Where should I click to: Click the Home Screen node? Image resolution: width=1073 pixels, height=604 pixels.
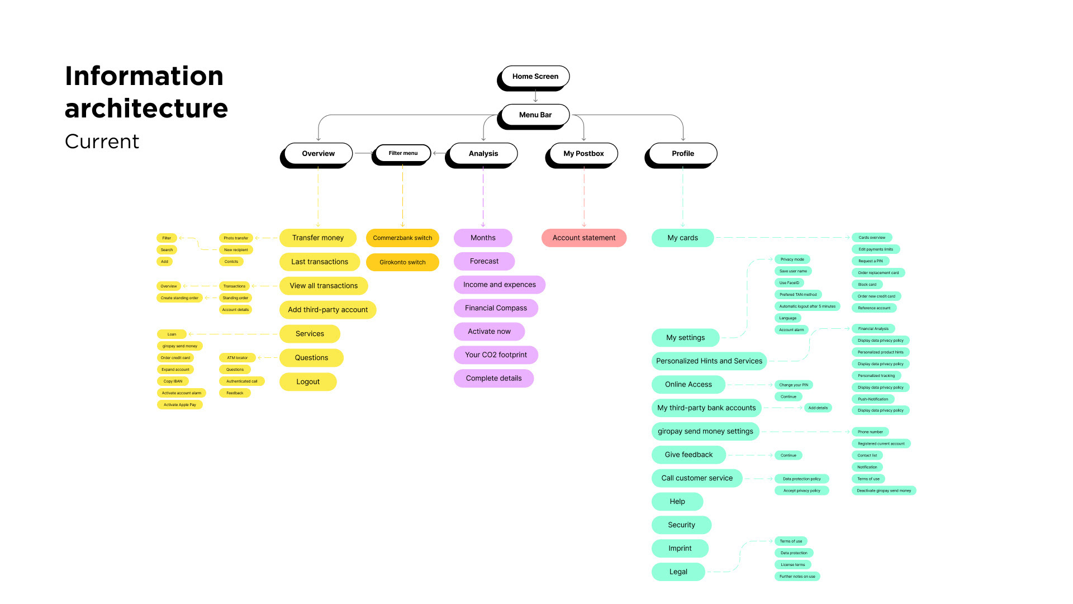535,77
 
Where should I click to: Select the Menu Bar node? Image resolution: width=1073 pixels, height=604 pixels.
535,115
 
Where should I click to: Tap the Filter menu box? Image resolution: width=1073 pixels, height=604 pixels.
403,153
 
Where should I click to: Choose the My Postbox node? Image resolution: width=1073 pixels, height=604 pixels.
583,153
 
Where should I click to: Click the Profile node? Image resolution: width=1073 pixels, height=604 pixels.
682,153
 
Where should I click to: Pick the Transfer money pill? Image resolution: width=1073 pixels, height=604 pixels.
317,238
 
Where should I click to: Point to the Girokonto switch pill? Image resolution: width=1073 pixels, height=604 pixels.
402,262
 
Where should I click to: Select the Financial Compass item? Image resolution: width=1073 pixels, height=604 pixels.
496,308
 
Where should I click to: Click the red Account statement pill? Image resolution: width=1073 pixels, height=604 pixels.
583,238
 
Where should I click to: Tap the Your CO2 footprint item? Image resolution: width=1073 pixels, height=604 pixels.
496,355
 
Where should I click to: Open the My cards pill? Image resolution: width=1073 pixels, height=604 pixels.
682,238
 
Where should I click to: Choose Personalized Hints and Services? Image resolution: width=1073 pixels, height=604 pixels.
709,361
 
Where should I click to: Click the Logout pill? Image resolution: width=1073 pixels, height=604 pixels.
308,382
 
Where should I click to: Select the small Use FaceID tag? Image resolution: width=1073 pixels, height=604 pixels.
789,283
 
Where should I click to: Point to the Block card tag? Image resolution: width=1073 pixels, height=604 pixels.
867,285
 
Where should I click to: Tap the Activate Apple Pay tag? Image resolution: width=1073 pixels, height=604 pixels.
179,405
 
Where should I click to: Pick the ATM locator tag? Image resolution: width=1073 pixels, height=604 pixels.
237,358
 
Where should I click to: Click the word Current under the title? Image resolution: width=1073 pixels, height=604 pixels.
102,141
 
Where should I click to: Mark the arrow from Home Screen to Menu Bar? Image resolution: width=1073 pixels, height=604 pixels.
535,96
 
